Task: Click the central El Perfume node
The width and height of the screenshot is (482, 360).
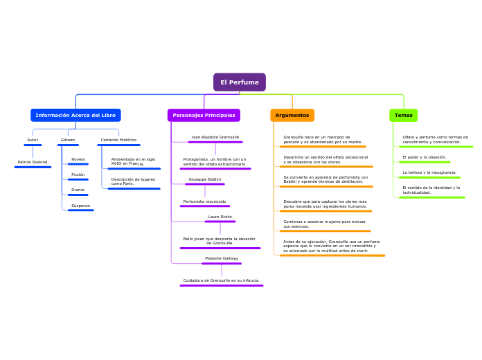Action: coord(239,82)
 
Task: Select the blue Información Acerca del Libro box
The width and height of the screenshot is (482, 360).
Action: coord(75,115)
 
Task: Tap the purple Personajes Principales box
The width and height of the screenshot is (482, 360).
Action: coord(204,115)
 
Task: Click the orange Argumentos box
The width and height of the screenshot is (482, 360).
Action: coord(292,115)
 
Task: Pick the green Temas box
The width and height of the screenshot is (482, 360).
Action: coord(403,115)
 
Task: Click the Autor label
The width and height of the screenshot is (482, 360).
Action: coord(33,140)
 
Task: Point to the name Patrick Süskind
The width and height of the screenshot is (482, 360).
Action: coord(33,162)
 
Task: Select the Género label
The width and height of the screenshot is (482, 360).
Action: coord(68,140)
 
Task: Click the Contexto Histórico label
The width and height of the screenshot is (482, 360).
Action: coord(118,140)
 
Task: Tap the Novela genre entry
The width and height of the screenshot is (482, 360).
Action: coord(78,159)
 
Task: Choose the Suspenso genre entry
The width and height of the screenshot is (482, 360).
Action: coord(80,206)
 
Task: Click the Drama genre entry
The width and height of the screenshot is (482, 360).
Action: coord(78,190)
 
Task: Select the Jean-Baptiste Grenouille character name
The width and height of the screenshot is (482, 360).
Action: coord(215,137)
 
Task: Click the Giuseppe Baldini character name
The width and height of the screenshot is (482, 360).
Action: coord(204,179)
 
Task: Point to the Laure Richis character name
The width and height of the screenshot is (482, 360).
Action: coord(220,217)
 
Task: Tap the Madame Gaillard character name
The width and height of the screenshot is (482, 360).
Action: coord(221,258)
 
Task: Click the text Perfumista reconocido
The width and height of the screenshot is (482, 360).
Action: coord(204,201)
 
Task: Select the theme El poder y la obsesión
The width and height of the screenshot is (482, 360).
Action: coord(425,157)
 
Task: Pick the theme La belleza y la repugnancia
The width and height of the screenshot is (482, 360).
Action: coord(429,172)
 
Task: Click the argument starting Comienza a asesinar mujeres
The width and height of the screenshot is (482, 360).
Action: coord(324,224)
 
